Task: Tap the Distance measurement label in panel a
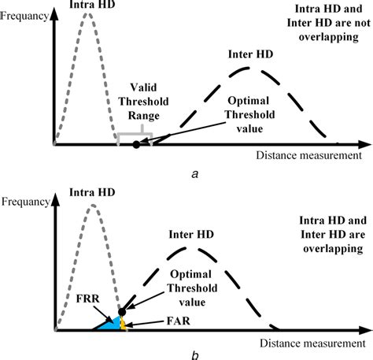[308, 156]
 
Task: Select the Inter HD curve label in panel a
[250, 56]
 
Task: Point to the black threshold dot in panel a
[136, 144]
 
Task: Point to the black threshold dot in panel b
[122, 312]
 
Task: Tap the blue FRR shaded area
[109, 323]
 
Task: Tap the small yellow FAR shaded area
[123, 323]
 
